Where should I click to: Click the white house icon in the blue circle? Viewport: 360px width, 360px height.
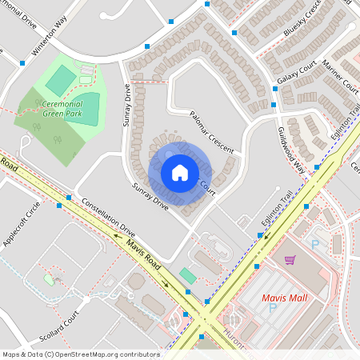pos(179,172)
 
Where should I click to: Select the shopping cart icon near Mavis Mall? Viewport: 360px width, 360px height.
pos(290,260)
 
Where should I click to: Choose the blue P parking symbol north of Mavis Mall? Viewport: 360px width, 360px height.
pos(314,244)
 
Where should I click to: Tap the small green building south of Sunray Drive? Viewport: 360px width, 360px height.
pos(187,275)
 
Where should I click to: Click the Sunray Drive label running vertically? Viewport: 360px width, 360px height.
pos(126,107)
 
